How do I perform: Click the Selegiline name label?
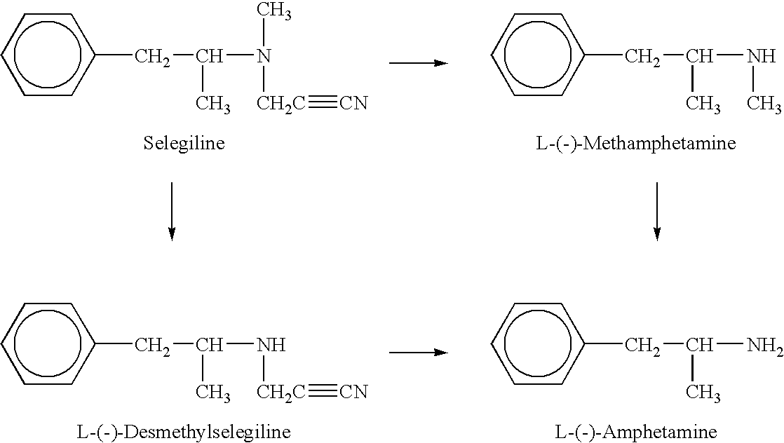click(x=184, y=144)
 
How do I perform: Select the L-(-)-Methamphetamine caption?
click(x=636, y=144)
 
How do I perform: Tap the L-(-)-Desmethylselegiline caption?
click(x=184, y=432)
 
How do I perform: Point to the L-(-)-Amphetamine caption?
click(x=636, y=432)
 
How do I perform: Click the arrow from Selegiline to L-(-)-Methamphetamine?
click(x=419, y=63)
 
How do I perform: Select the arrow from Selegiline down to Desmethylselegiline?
click(x=172, y=212)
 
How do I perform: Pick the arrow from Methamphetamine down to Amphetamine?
click(x=657, y=212)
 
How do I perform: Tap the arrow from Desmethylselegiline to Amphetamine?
click(x=419, y=353)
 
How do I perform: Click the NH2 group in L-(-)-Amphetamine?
click(x=764, y=346)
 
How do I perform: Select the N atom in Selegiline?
click(x=264, y=55)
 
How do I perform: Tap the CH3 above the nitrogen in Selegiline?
click(x=274, y=12)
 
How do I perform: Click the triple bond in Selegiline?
click(x=323, y=103)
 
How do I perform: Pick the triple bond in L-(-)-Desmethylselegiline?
click(x=323, y=392)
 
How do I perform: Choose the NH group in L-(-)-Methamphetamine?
click(x=762, y=55)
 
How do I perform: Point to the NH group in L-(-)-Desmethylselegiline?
click(x=271, y=344)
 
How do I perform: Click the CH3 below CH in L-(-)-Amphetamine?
click(x=703, y=393)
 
